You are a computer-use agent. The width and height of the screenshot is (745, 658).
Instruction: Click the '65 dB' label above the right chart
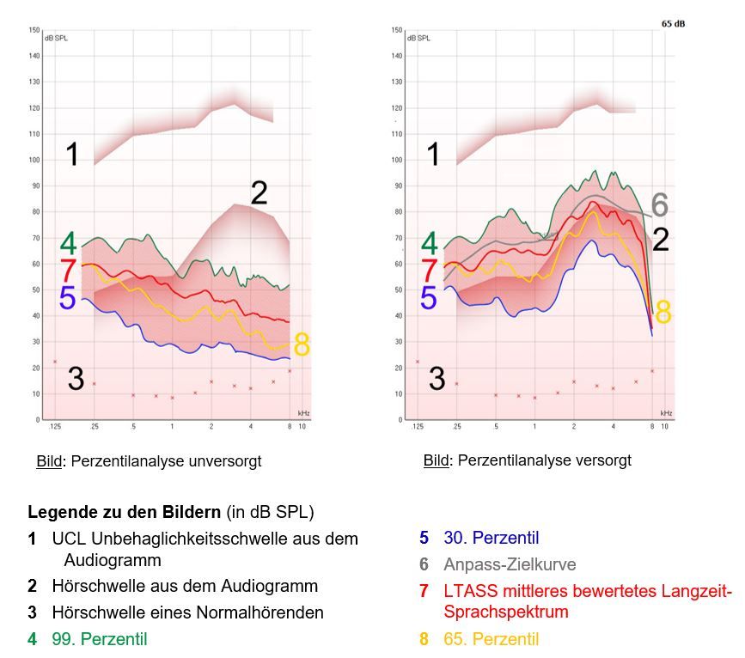673,24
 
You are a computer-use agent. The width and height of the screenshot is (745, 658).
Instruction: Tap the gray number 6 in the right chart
659,205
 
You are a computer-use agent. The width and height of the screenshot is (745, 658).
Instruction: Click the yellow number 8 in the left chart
302,345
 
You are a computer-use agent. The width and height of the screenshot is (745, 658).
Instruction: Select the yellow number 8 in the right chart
663,314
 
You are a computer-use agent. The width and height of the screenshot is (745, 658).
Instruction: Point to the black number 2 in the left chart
259,192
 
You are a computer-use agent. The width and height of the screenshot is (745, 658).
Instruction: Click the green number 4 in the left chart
69,243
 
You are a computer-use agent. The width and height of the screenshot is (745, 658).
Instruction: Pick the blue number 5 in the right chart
428,298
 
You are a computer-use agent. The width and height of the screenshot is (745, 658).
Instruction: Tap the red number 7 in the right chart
429,270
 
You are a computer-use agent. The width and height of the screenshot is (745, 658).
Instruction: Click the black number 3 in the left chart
76,379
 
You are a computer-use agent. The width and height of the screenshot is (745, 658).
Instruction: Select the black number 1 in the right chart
434,155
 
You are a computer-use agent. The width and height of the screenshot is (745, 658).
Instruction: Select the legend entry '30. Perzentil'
492,539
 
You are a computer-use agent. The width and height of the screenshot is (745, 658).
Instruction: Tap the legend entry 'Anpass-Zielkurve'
510,565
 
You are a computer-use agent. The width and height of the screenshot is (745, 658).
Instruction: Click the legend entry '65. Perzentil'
491,639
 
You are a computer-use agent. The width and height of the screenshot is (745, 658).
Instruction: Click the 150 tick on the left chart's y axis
34,30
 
